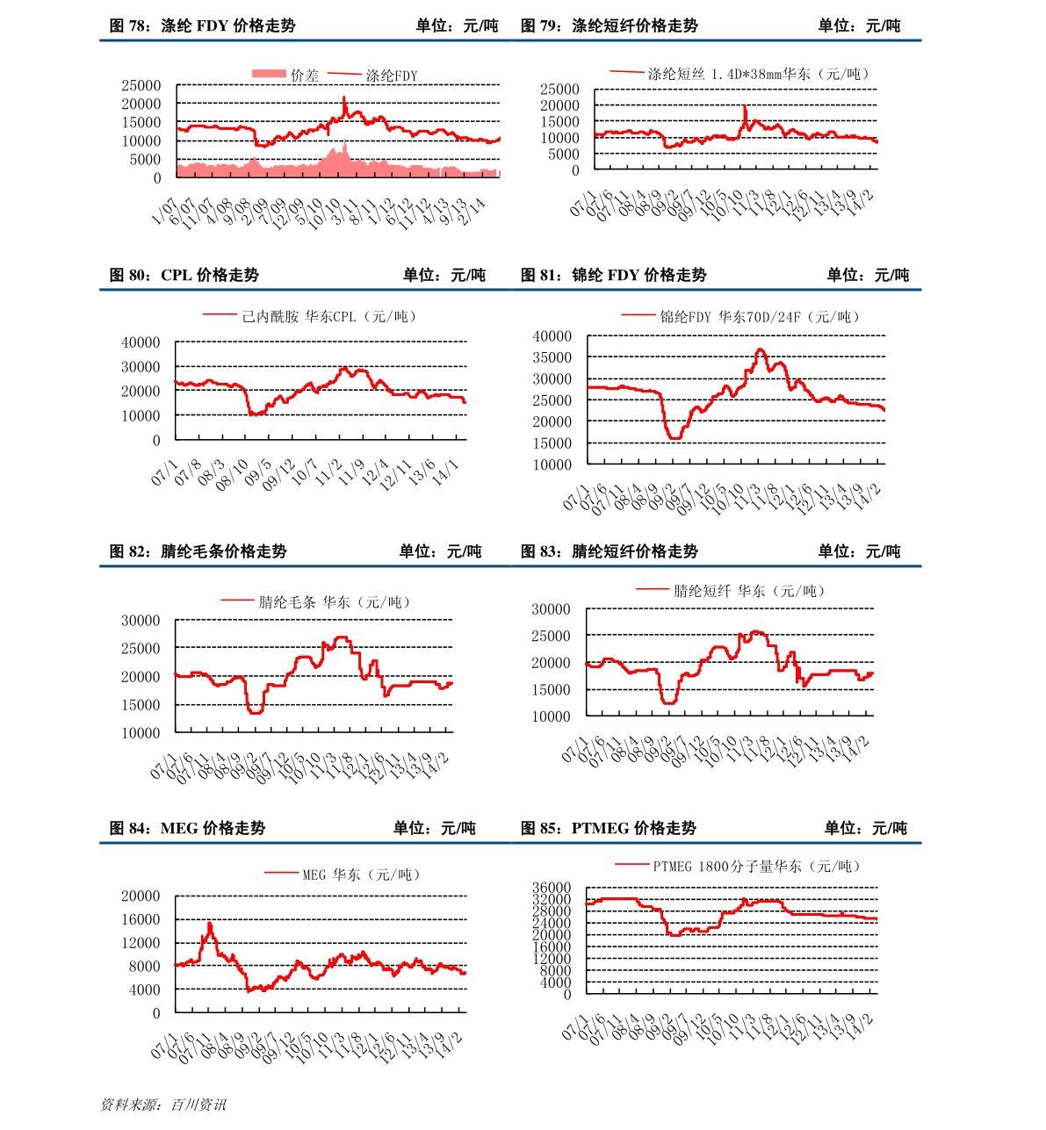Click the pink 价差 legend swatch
pyautogui.click(x=269, y=74)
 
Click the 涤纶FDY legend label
pyautogui.click(x=392, y=76)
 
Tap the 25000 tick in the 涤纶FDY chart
pyautogui.click(x=141, y=85)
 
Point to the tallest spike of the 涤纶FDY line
pyautogui.click(x=344, y=97)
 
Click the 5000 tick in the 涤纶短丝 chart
pyautogui.click(x=563, y=154)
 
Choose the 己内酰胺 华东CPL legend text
pyautogui.click(x=328, y=316)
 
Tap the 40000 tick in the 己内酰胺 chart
pyautogui.click(x=141, y=342)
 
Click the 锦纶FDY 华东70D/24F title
pyautogui.click(x=760, y=317)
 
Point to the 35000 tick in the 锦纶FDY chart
pyautogui.click(x=552, y=357)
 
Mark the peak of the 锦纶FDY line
pyautogui.click(x=760, y=349)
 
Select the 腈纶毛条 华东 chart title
pyautogui.click(x=334, y=602)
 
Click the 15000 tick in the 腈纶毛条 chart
pyautogui.click(x=141, y=704)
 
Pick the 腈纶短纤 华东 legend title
pyautogui.click(x=749, y=591)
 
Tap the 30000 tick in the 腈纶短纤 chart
pyautogui.click(x=551, y=609)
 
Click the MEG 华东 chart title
pyautogui.click(x=361, y=874)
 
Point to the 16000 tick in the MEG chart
pyautogui.click(x=141, y=919)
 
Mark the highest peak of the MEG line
pyautogui.click(x=210, y=924)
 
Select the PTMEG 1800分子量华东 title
pyautogui.click(x=756, y=867)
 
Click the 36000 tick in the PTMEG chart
pyautogui.click(x=552, y=888)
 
